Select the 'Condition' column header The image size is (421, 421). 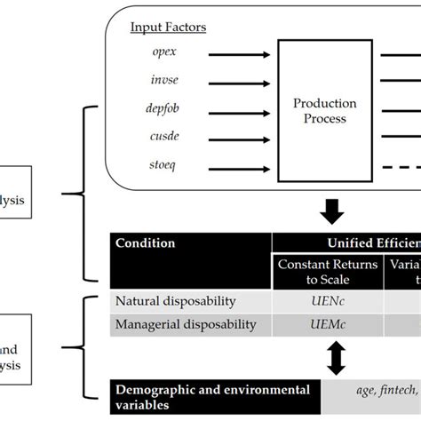coord(147,243)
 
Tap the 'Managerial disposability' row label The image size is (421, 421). coord(186,324)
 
